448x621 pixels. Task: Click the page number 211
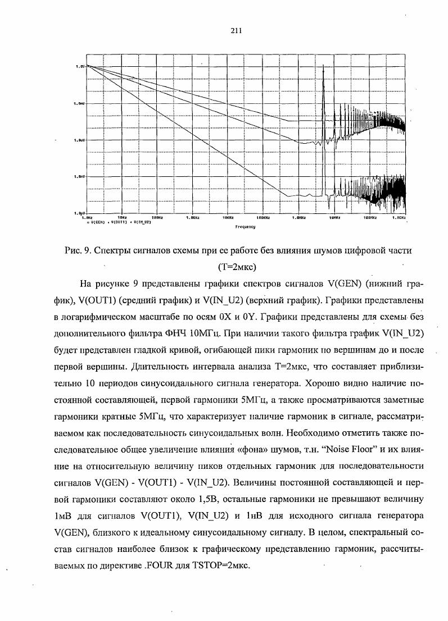tap(236, 31)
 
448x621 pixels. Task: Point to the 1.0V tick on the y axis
tap(79, 66)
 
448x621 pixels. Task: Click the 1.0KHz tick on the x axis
tap(192, 217)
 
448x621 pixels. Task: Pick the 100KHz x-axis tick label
tap(263, 217)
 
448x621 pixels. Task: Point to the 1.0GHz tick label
tap(400, 217)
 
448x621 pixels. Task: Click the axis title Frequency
tap(245, 227)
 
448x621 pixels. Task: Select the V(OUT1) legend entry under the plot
tap(115, 222)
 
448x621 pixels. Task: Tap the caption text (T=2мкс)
tap(237, 264)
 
